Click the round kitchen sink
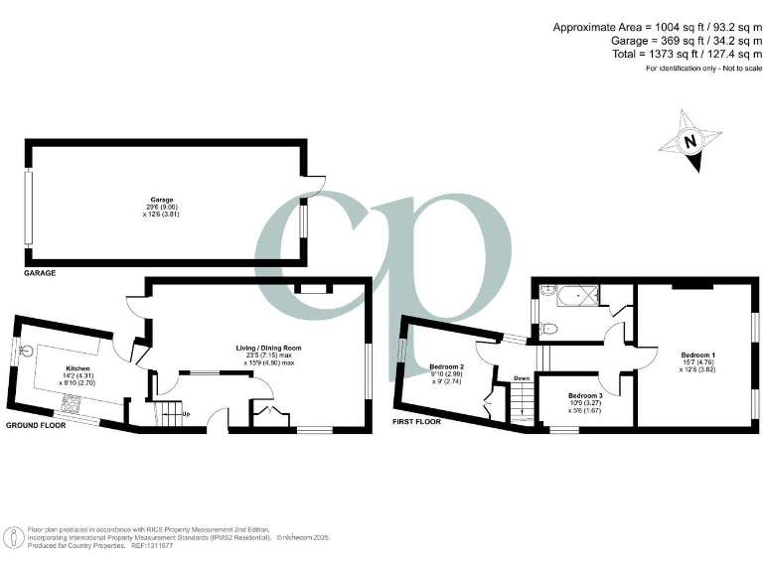pos(28,349)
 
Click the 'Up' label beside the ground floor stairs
pos(186,413)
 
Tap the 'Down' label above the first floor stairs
pos(522,378)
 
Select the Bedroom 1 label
pos(698,355)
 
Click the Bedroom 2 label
pos(446,366)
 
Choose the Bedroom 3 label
pos(585,395)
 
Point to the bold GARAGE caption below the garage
pos(41,272)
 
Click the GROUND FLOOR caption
pos(38,425)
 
